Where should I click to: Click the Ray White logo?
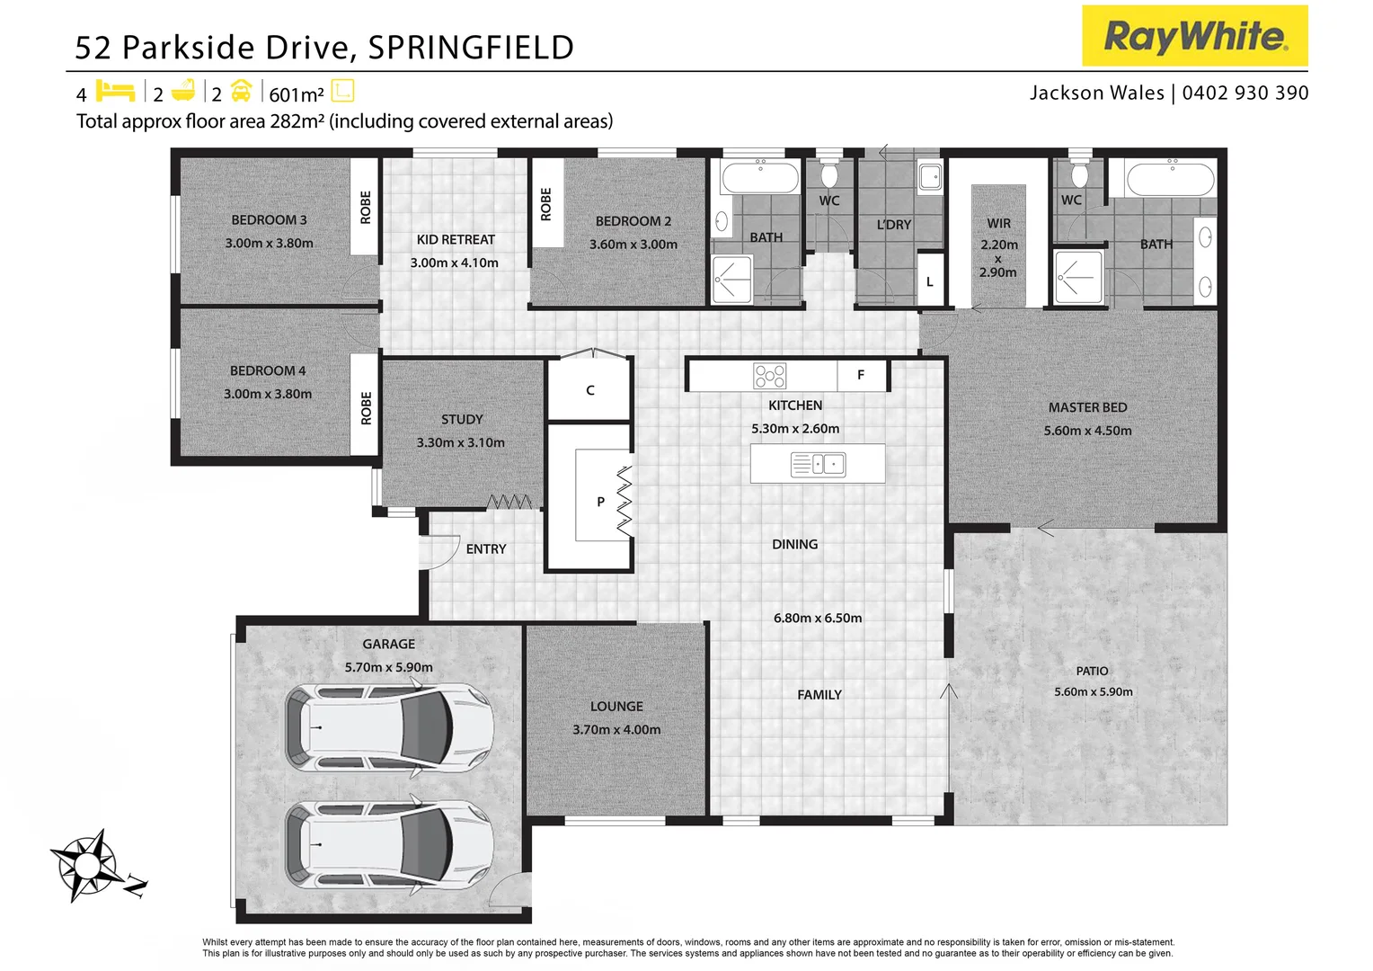(1194, 36)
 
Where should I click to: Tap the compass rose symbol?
(88, 865)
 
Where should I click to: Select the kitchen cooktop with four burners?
(770, 376)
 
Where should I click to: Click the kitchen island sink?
(818, 464)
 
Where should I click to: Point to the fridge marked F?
(861, 375)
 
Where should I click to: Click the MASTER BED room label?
(1087, 407)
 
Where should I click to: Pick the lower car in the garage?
(389, 845)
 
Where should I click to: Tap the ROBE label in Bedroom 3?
(365, 208)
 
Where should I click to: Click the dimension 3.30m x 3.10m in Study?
(460, 442)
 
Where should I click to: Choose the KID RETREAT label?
(456, 239)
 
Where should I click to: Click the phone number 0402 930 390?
(1245, 93)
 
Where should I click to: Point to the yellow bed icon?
(115, 91)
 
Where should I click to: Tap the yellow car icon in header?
(241, 91)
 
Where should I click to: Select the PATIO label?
(1092, 671)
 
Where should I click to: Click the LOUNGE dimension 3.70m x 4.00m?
(616, 729)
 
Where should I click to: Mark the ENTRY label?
(486, 548)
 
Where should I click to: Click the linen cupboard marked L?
(929, 281)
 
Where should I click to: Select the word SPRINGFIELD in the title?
(471, 48)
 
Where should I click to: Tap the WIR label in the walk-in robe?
(998, 223)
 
